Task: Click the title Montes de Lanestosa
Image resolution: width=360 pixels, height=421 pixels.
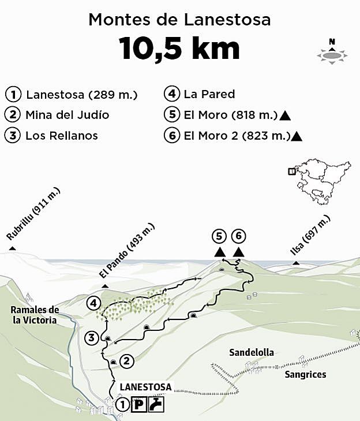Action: click(179, 20)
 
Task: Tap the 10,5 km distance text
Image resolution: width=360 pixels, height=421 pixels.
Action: click(179, 49)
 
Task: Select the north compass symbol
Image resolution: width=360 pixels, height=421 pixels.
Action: click(332, 52)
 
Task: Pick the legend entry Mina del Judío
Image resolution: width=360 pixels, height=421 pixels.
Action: click(67, 115)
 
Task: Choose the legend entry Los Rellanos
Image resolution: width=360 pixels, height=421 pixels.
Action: click(61, 136)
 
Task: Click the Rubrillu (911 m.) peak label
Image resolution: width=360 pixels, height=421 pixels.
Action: click(33, 214)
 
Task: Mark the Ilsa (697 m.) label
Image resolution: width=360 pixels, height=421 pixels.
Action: click(310, 239)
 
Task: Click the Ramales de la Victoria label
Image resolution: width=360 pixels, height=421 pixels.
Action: click(35, 315)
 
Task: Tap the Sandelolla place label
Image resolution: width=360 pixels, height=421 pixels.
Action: click(251, 352)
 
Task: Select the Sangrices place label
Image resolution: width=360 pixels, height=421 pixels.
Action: click(305, 374)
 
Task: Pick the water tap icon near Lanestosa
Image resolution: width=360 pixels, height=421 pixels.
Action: click(156, 405)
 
